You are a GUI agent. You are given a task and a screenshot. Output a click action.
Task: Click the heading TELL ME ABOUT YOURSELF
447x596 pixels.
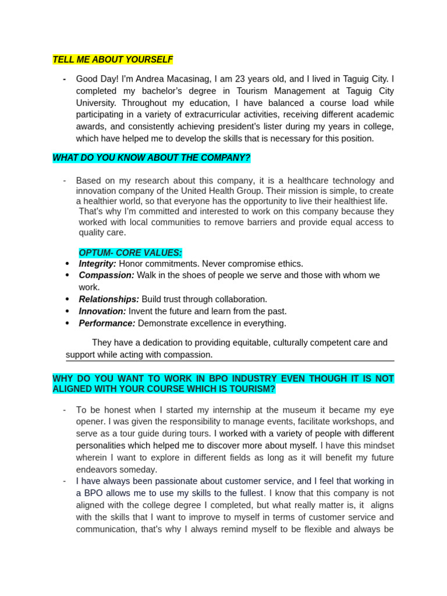[x=112, y=59]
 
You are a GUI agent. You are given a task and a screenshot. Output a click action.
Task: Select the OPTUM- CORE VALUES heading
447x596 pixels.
[x=130, y=253]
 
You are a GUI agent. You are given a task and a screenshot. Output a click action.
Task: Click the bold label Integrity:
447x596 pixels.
[x=97, y=264]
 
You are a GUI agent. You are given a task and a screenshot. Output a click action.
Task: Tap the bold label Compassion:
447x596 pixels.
[x=107, y=275]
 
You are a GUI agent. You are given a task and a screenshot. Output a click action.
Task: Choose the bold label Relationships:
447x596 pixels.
[x=109, y=299]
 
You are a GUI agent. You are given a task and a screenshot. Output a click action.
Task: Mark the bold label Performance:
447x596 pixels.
[x=107, y=323]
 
